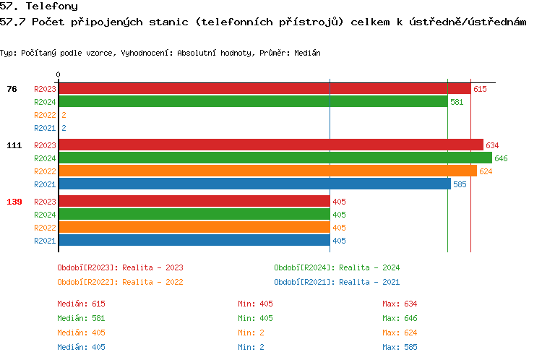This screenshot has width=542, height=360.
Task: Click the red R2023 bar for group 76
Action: click(x=264, y=89)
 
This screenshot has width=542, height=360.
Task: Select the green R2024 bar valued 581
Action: click(x=253, y=102)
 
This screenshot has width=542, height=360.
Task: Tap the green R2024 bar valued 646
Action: click(x=275, y=158)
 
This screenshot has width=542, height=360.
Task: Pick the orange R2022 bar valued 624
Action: click(x=267, y=171)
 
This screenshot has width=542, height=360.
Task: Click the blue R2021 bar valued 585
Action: click(x=254, y=184)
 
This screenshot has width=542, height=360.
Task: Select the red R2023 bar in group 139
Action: click(x=194, y=202)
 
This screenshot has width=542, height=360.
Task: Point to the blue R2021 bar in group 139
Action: click(x=194, y=241)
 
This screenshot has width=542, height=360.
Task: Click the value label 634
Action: click(x=492, y=145)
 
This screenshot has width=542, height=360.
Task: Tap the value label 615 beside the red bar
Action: click(x=480, y=89)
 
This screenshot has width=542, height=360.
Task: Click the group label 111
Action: click(x=14, y=145)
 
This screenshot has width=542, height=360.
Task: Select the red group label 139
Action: click(x=14, y=202)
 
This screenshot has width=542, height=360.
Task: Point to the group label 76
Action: click(x=12, y=89)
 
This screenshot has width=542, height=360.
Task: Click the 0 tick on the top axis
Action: click(x=59, y=74)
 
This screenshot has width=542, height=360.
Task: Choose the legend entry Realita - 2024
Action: click(x=337, y=267)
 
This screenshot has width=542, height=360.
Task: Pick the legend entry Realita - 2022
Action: click(x=120, y=282)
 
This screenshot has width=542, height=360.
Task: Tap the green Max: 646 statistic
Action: click(x=400, y=318)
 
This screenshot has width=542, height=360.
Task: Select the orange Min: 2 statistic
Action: click(x=251, y=333)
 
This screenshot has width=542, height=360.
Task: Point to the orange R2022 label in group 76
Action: click(x=45, y=115)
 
